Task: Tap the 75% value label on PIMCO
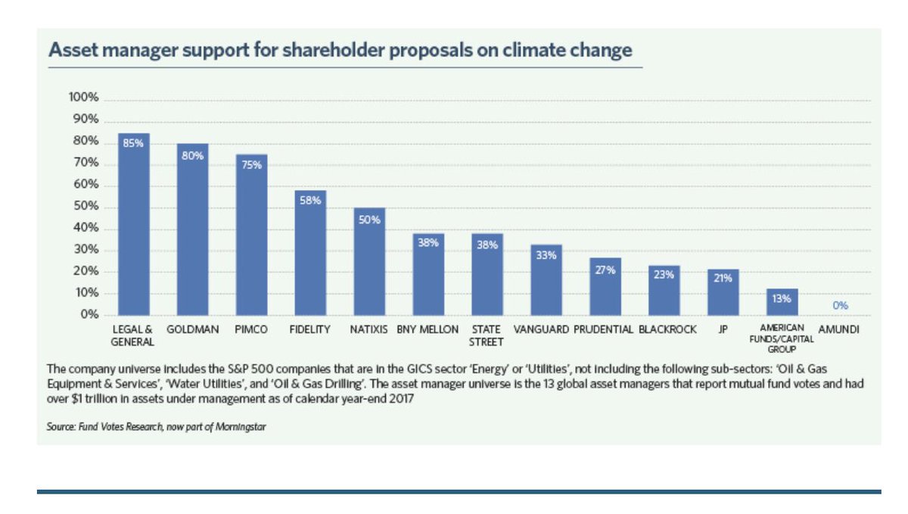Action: pyautogui.click(x=251, y=164)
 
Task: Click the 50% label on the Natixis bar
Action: pyautogui.click(x=369, y=219)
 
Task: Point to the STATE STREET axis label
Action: pyautogui.click(x=487, y=335)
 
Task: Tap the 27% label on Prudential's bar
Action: pyautogui.click(x=605, y=269)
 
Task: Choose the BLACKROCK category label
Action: pyautogui.click(x=664, y=330)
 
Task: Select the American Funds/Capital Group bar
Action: pyautogui.click(x=782, y=302)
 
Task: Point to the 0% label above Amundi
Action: pyautogui.click(x=840, y=305)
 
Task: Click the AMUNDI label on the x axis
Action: pyautogui.click(x=839, y=330)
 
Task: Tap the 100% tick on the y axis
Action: pyautogui.click(x=84, y=98)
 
